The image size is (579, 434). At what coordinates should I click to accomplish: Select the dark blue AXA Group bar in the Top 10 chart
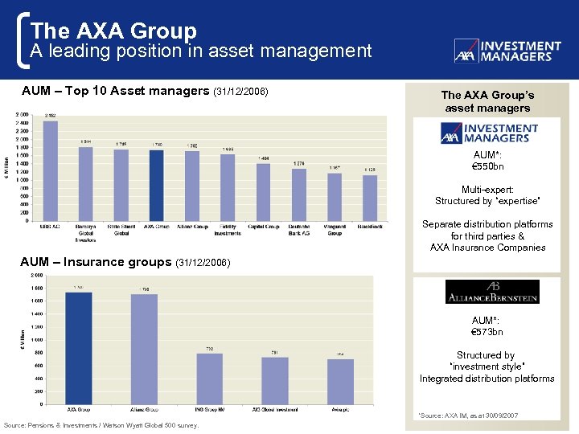157,185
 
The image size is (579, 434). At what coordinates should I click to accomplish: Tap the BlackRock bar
370,198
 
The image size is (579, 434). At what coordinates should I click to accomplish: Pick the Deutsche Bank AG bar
299,194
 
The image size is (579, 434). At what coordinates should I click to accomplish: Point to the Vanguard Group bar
335,197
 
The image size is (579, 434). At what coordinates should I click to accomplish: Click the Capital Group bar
263,191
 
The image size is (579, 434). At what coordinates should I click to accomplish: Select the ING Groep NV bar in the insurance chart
210,379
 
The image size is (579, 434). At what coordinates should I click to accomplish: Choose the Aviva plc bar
341,382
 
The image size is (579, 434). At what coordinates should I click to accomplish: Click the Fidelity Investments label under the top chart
228,230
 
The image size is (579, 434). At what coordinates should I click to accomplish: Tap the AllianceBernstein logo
492,292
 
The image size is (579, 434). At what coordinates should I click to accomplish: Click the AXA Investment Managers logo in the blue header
507,51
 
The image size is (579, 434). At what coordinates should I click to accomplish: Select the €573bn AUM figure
487,331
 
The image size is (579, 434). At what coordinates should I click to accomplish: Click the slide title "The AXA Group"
113,31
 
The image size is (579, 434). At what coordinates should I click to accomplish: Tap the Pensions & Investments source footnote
101,424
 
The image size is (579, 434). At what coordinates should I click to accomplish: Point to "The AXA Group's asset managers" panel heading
487,102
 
